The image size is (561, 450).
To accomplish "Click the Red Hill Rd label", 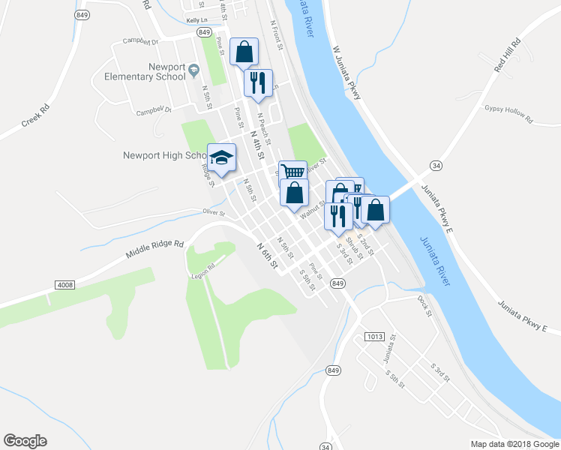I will click(507, 55).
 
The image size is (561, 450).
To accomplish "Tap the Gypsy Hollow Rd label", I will click(508, 113).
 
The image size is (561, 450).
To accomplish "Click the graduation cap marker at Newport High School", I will click(221, 157).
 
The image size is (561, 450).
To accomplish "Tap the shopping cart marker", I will click(293, 172).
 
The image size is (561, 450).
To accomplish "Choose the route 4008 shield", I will click(65, 285).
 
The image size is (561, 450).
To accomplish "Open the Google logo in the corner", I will click(25, 441).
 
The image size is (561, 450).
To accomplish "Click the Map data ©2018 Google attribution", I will click(514, 444).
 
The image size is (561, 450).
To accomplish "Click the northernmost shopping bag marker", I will click(244, 52).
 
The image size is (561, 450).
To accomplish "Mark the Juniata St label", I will click(388, 346).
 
